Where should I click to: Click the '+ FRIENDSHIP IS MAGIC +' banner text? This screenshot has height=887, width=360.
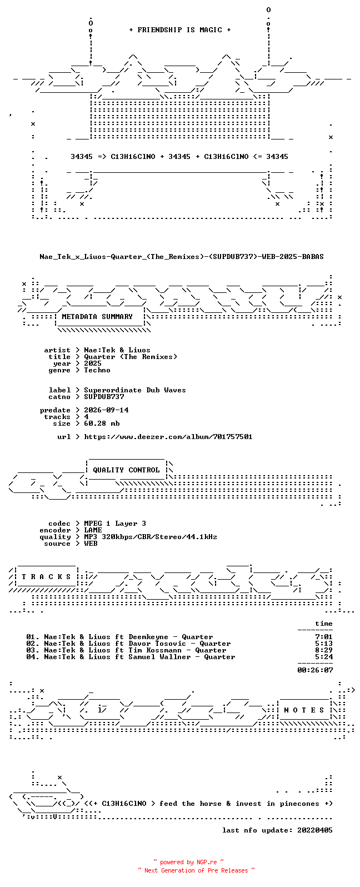pyautogui.click(x=180, y=30)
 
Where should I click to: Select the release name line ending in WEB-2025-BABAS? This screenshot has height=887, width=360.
pyautogui.click(x=181, y=257)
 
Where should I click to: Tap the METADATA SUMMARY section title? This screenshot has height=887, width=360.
pyautogui.click(x=97, y=316)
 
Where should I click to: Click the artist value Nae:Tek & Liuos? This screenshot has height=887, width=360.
pyautogui.click(x=117, y=350)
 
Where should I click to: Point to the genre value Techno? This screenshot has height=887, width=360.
pyautogui.click(x=97, y=370)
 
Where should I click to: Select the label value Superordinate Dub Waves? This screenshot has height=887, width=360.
pyautogui.click(x=134, y=390)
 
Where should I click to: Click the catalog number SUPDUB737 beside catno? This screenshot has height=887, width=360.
pyautogui.click(x=104, y=397)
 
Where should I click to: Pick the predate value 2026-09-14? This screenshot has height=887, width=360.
pyautogui.click(x=106, y=410)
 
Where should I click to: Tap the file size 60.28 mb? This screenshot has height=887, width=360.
pyautogui.click(x=102, y=423)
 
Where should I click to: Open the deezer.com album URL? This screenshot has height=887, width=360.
pyautogui.click(x=168, y=437)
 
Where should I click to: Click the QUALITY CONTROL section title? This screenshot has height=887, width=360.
pyautogui.click(x=126, y=470)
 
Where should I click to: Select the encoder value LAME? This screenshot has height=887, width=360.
pyautogui.click(x=93, y=530)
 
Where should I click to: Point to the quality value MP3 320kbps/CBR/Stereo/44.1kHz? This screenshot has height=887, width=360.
pyautogui.click(x=151, y=536)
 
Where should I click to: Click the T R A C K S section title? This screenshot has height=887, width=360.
pyautogui.click(x=46, y=576)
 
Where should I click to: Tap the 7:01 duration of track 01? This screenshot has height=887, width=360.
pyautogui.click(x=324, y=637)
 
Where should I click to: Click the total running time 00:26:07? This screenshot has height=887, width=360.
pyautogui.click(x=315, y=670)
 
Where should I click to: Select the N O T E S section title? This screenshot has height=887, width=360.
pyautogui.click(x=304, y=710)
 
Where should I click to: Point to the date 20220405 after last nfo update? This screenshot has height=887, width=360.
pyautogui.click(x=315, y=830)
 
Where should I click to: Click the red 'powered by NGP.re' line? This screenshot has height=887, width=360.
pyautogui.click(x=188, y=862)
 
